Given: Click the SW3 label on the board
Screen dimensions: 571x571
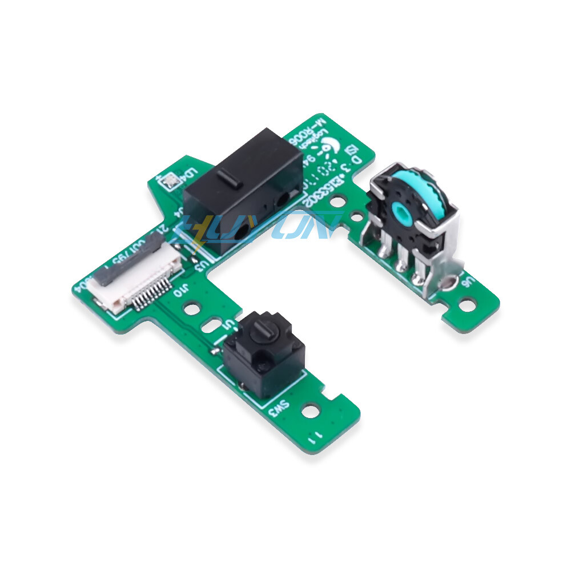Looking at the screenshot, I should (x=279, y=406).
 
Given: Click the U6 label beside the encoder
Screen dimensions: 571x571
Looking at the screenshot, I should (x=468, y=282).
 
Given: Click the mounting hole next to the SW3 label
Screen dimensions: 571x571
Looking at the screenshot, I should (x=311, y=409).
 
